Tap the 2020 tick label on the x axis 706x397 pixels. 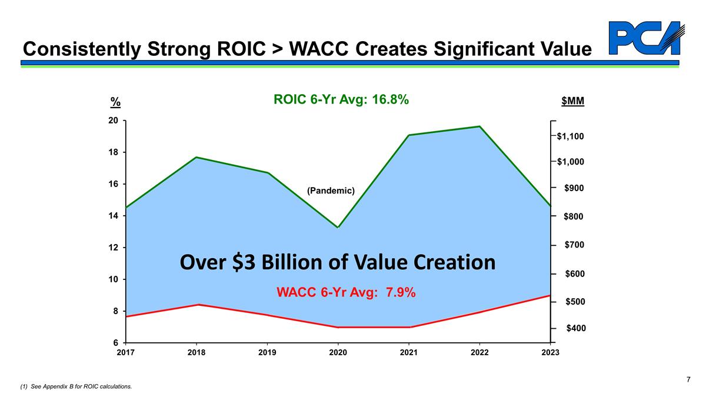point(338,352)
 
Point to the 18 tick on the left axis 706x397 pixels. point(114,152)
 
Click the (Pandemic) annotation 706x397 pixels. point(331,191)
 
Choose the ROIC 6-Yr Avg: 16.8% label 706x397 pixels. point(341,101)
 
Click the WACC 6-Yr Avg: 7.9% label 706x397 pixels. point(347,292)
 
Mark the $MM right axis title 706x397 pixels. point(572,102)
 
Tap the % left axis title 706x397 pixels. point(116,102)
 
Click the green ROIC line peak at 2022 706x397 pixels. point(479,126)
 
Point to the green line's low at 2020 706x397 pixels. point(338,227)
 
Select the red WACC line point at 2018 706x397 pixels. point(197,305)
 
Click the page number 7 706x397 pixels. point(688,379)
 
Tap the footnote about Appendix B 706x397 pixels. point(76,386)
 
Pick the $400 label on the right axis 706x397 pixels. point(576,328)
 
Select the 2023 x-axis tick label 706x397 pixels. point(550,352)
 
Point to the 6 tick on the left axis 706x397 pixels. point(115,342)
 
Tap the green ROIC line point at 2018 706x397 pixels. point(197,157)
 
